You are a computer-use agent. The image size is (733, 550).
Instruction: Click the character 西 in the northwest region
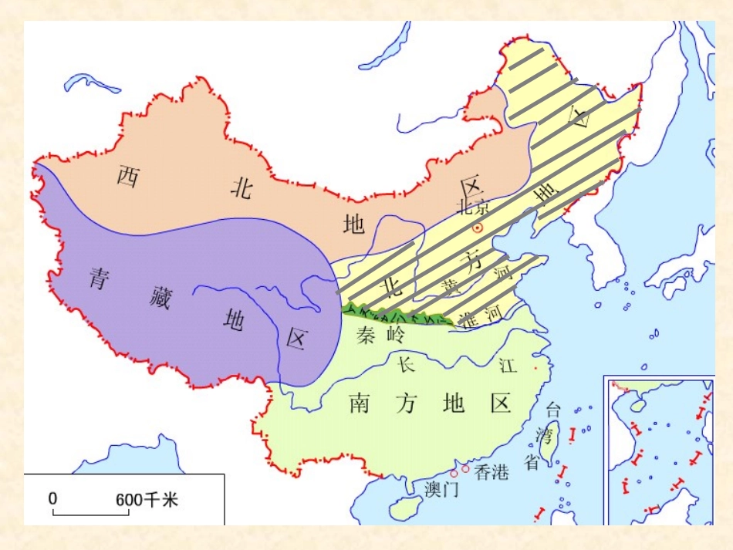(127, 176)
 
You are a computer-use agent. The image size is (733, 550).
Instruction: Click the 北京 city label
(473, 207)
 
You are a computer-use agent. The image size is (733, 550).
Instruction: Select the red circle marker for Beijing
(478, 228)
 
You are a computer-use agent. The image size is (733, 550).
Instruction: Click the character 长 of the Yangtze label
(407, 364)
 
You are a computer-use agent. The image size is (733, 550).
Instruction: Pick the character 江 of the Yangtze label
(508, 365)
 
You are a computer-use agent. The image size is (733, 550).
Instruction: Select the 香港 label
(491, 472)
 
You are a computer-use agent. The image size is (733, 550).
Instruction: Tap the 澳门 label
(441, 489)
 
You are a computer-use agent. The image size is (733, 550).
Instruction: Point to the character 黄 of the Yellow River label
(450, 286)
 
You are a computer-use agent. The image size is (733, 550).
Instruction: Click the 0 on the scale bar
(53, 499)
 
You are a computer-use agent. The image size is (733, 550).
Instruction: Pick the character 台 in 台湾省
(553, 410)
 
